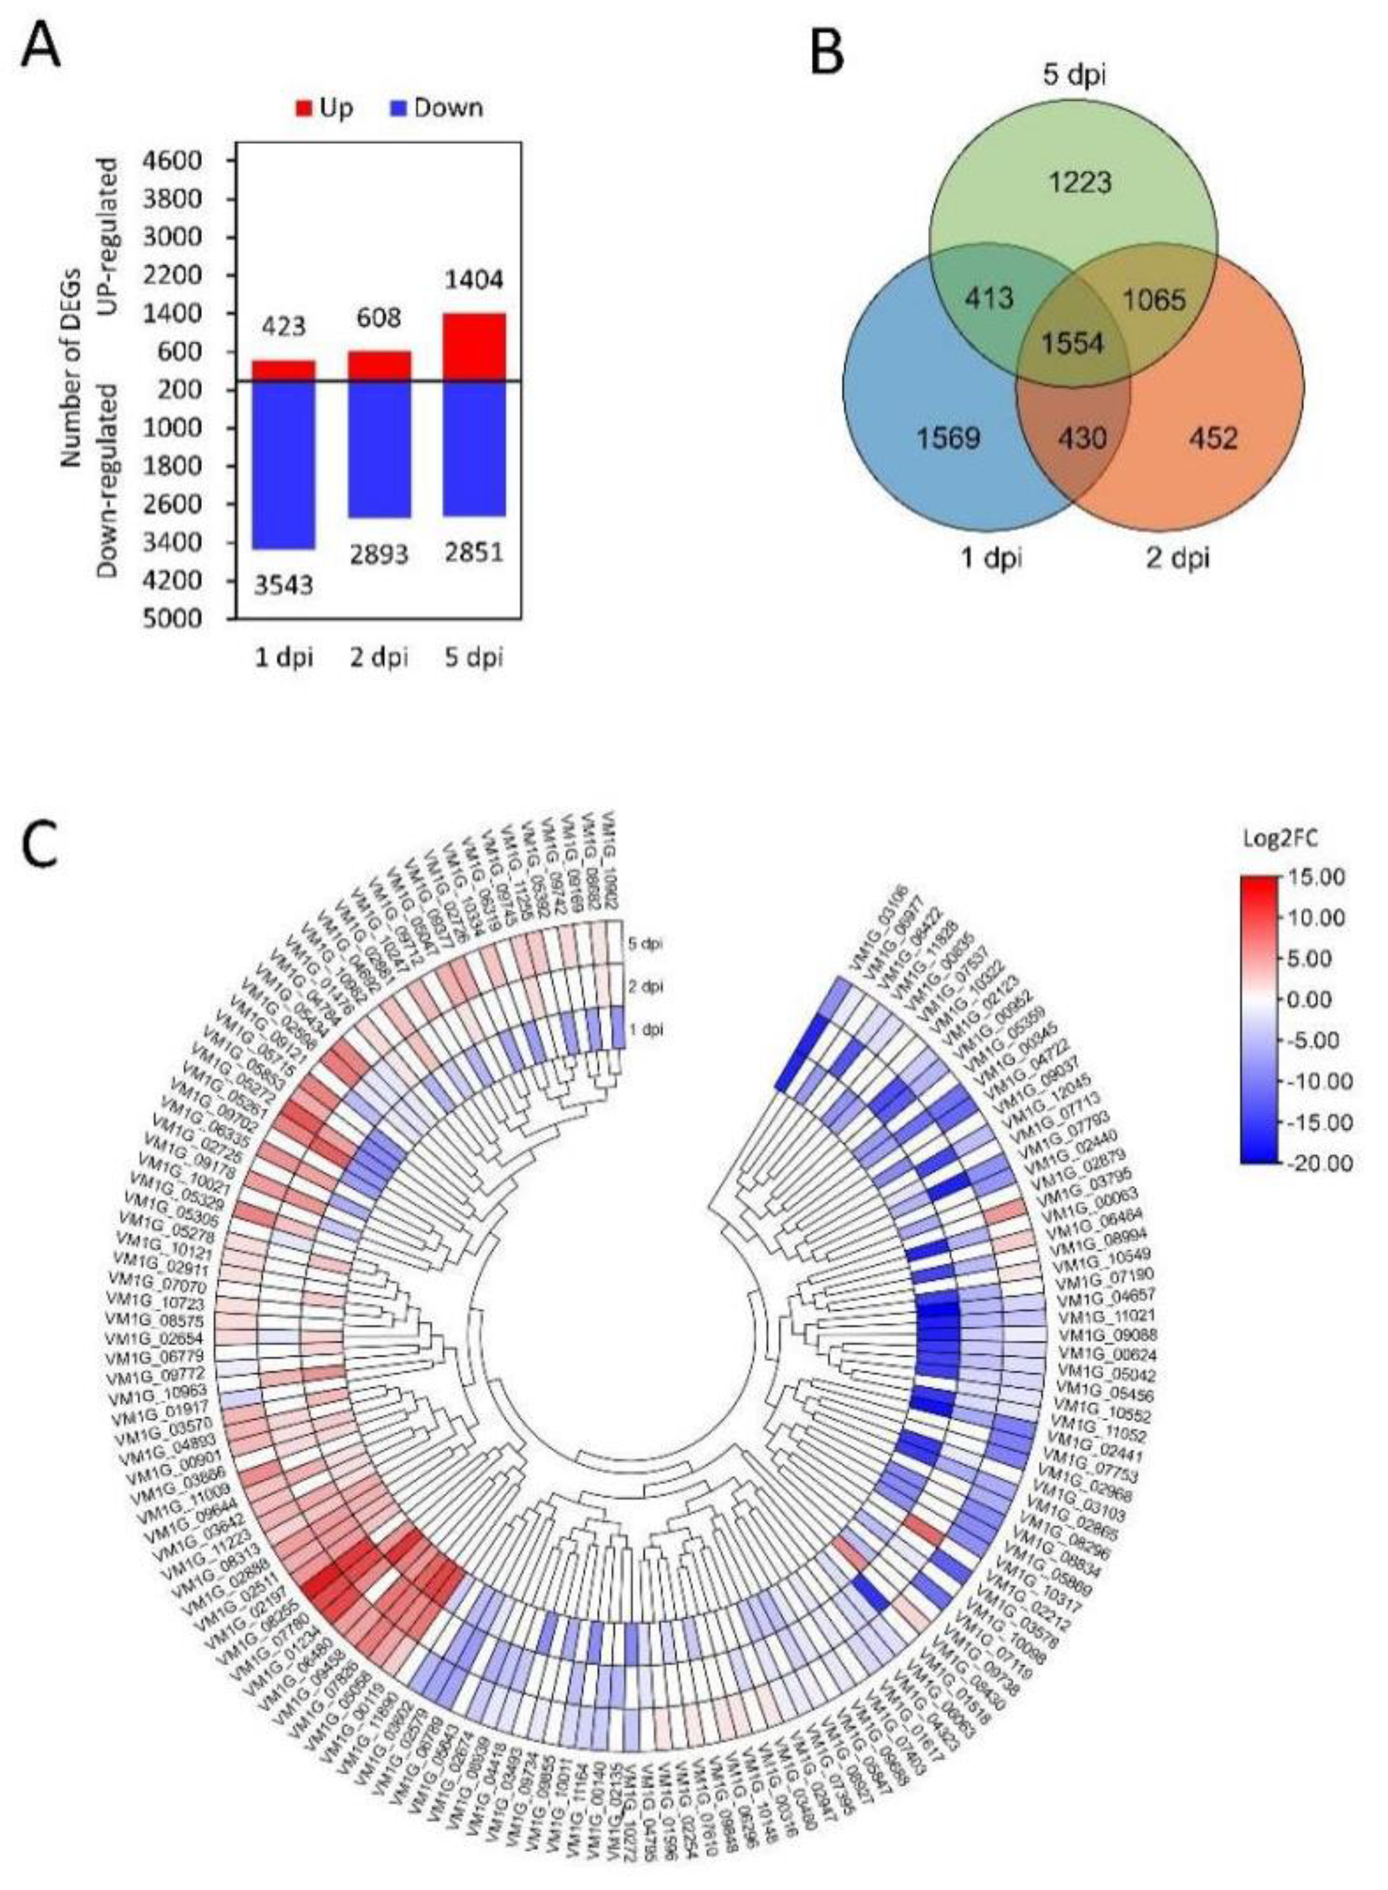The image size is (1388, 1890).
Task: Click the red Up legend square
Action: click(x=304, y=108)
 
